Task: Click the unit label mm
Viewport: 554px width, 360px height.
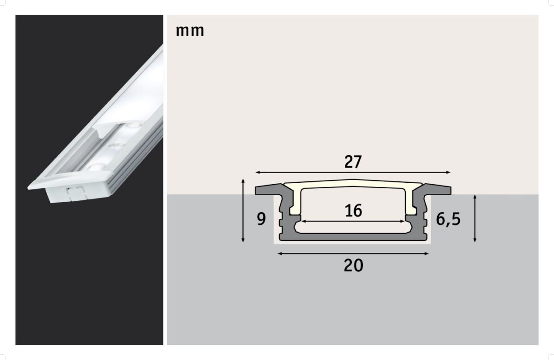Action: [x=190, y=31]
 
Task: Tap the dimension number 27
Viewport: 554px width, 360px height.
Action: [x=353, y=162]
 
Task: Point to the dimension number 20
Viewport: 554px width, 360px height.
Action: [x=353, y=265]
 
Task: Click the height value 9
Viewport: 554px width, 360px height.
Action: [x=261, y=219]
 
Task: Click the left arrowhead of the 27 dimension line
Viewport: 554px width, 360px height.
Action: [x=257, y=172]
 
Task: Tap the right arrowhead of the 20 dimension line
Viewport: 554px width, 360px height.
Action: [x=427, y=253]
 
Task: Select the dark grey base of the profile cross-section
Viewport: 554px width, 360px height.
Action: [x=353, y=236]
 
